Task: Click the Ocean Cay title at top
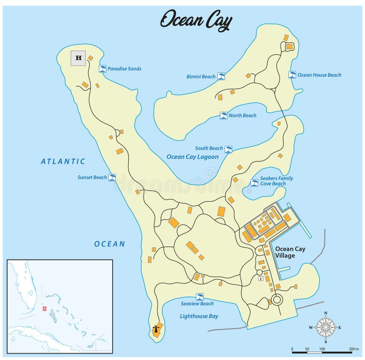coord(196,21)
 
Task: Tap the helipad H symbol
coord(78,58)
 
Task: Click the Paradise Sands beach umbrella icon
coord(103,69)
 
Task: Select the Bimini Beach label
coord(201,77)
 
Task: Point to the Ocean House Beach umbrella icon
coord(292,75)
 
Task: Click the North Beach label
coord(242,115)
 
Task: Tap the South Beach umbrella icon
coord(228,149)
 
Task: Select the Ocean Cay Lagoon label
coord(192,157)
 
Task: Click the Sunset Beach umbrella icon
coord(112,177)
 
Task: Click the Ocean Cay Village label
coord(290,252)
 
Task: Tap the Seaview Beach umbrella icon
coord(199,297)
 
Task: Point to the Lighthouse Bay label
coord(198,316)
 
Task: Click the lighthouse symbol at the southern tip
coord(157,329)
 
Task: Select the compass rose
coord(326,328)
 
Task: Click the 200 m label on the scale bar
coord(348,349)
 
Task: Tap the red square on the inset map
coord(44,308)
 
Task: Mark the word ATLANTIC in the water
coord(63,161)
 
